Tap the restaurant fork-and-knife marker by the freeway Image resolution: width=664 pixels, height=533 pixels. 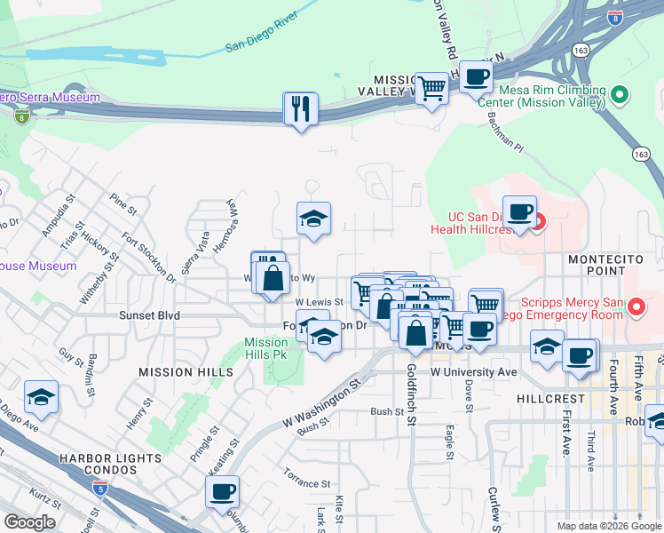300,109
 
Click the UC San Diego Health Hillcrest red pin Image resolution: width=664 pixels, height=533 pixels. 538,222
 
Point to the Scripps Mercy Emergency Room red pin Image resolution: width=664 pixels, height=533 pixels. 636,307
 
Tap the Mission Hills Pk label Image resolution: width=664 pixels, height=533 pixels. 265,348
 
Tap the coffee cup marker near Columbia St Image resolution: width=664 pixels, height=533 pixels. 222,491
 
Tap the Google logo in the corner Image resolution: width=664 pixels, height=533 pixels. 30,521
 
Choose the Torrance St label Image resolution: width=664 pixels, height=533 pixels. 302,483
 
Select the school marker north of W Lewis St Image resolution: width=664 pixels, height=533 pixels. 313,219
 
